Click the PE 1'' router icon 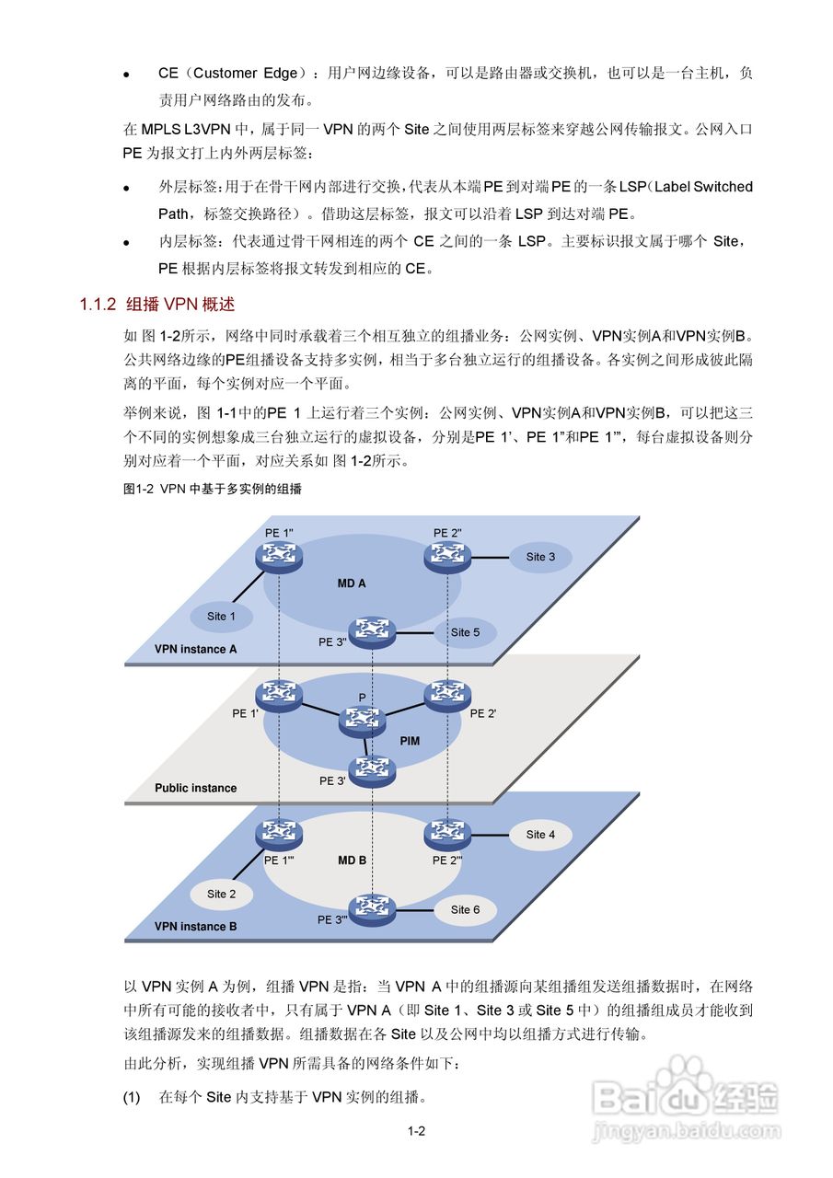279,555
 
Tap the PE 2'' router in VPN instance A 447,555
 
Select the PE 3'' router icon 373,631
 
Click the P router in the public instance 362,721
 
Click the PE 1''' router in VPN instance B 277,834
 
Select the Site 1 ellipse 221,617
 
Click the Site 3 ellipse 540,557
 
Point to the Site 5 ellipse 465,632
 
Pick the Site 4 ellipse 540,835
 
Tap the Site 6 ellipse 465,909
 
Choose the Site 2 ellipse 221,894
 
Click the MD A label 352,583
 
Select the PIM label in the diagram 410,740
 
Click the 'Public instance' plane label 195,788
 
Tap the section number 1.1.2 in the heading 98,304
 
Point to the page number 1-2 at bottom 416,1131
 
